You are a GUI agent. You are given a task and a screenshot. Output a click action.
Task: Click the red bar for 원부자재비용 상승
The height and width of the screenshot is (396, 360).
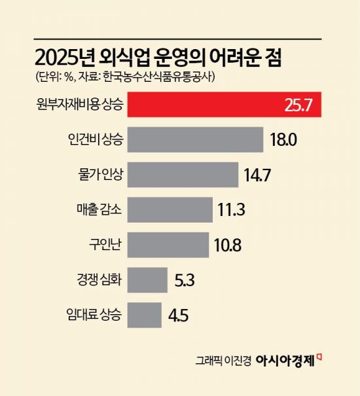point(196,105)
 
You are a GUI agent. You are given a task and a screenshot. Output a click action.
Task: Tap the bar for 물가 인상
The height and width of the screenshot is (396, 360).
point(182,175)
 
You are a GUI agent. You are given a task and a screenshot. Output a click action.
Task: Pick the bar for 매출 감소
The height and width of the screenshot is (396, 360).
point(170,210)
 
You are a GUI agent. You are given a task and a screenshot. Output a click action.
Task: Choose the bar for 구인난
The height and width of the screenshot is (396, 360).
point(168,245)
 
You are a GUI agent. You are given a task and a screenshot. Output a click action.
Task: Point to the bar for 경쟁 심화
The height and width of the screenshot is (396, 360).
point(147,279)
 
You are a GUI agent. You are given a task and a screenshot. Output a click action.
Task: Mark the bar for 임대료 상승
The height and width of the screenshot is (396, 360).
point(144,314)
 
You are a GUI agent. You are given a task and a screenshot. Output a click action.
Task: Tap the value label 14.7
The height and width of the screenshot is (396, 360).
point(257,175)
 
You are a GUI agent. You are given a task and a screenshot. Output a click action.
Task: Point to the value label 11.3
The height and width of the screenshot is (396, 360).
point(232,211)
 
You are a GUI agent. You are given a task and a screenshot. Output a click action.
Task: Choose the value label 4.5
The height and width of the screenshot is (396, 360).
point(179,315)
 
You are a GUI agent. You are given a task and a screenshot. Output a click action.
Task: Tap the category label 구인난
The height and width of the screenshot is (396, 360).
point(106,245)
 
